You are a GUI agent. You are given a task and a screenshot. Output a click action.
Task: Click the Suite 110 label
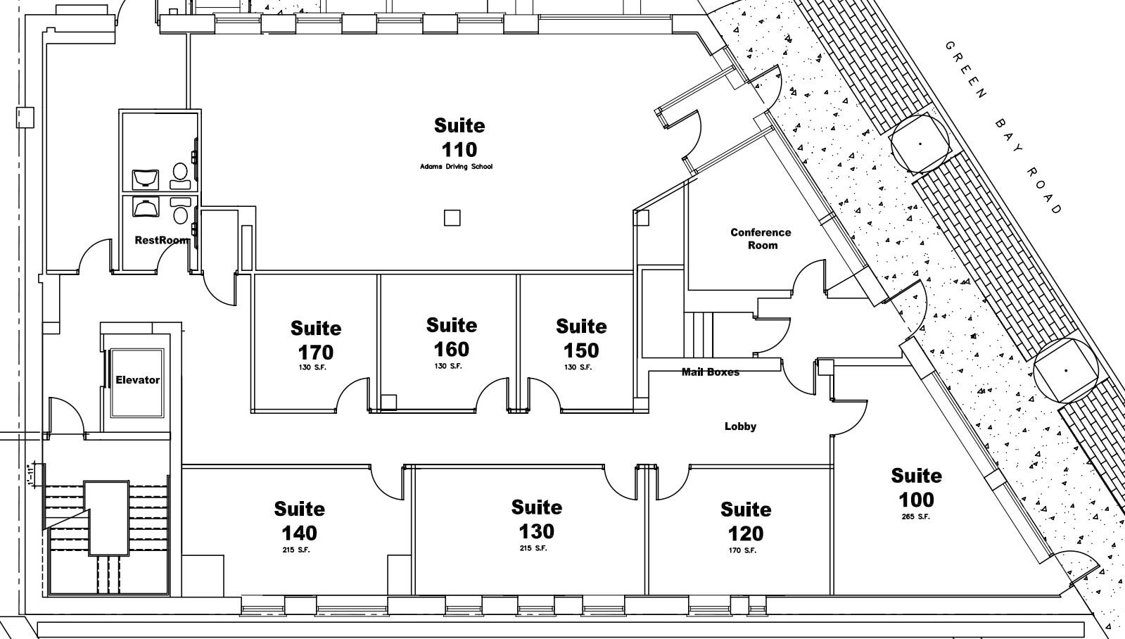pos(459,137)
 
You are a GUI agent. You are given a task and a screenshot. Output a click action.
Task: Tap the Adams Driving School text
pos(456,167)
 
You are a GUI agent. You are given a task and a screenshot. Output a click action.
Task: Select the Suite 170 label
pos(316,340)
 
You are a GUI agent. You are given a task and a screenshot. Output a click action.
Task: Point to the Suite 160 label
pos(451,337)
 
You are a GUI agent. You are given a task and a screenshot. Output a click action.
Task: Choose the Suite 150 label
pos(581,338)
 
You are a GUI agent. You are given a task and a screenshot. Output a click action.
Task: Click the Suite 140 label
pos(300,521)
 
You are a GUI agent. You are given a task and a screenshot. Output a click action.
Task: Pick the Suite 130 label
pos(537,519)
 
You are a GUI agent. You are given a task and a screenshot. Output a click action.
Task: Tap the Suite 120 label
pos(746,521)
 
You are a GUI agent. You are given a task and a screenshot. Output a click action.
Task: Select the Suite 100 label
pos(916,488)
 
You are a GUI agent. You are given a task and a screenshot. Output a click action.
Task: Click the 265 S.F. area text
pos(915,517)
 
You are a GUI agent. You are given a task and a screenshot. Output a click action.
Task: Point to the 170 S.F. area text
pos(742,550)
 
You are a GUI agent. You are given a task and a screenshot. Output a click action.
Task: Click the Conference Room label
pos(761,239)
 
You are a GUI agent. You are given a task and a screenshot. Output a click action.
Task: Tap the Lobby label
pos(740,426)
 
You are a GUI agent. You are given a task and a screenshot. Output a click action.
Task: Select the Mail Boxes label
pos(710,372)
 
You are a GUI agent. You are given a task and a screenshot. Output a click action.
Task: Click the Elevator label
pos(138,380)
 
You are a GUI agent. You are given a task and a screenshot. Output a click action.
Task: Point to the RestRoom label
pos(162,240)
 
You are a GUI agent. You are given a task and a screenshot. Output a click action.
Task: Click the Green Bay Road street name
pos(1003,127)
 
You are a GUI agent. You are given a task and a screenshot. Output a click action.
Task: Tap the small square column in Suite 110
pos(452,218)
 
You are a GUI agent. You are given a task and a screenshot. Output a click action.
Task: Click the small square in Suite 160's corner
pos(389,403)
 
